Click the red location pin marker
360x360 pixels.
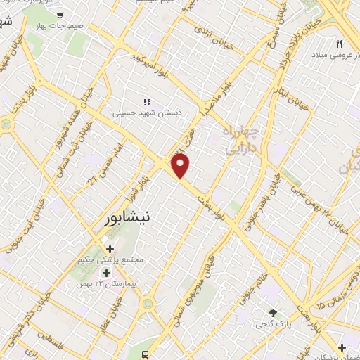181,165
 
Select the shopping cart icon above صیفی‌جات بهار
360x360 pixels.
61,15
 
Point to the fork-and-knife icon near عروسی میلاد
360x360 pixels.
339,44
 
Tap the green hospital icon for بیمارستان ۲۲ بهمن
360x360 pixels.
107,273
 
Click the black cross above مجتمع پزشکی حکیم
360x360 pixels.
110,249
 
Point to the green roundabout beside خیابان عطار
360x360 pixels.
148,304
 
